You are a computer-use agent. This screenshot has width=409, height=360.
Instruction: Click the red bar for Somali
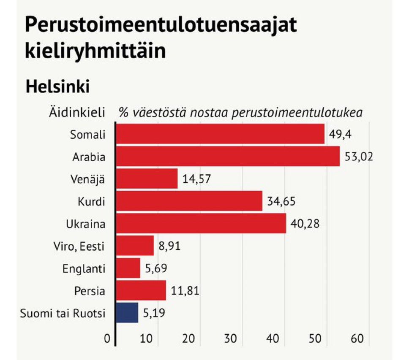pyautogui.click(x=220, y=134)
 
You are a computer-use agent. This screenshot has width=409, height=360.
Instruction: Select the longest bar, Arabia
pyautogui.click(x=227, y=156)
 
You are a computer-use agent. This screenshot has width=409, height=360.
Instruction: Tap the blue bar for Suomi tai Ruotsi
pyautogui.click(x=127, y=313)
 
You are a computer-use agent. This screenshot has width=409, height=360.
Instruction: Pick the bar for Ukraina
pyautogui.click(x=201, y=223)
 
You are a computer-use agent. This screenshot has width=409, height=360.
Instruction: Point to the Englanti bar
pyautogui.click(x=128, y=268)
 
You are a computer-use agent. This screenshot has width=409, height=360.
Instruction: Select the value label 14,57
pyautogui.click(x=196, y=179)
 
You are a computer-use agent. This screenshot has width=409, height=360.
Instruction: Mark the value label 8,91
pyautogui.click(x=169, y=246)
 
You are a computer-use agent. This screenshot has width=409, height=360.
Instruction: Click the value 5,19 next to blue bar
pyautogui.click(x=153, y=313)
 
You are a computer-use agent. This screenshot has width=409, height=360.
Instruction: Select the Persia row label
pyautogui.click(x=89, y=291)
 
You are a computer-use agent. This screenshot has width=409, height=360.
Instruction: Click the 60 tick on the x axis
pyautogui.click(x=357, y=339)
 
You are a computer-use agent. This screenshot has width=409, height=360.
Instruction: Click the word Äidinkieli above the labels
pyautogui.click(x=76, y=113)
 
